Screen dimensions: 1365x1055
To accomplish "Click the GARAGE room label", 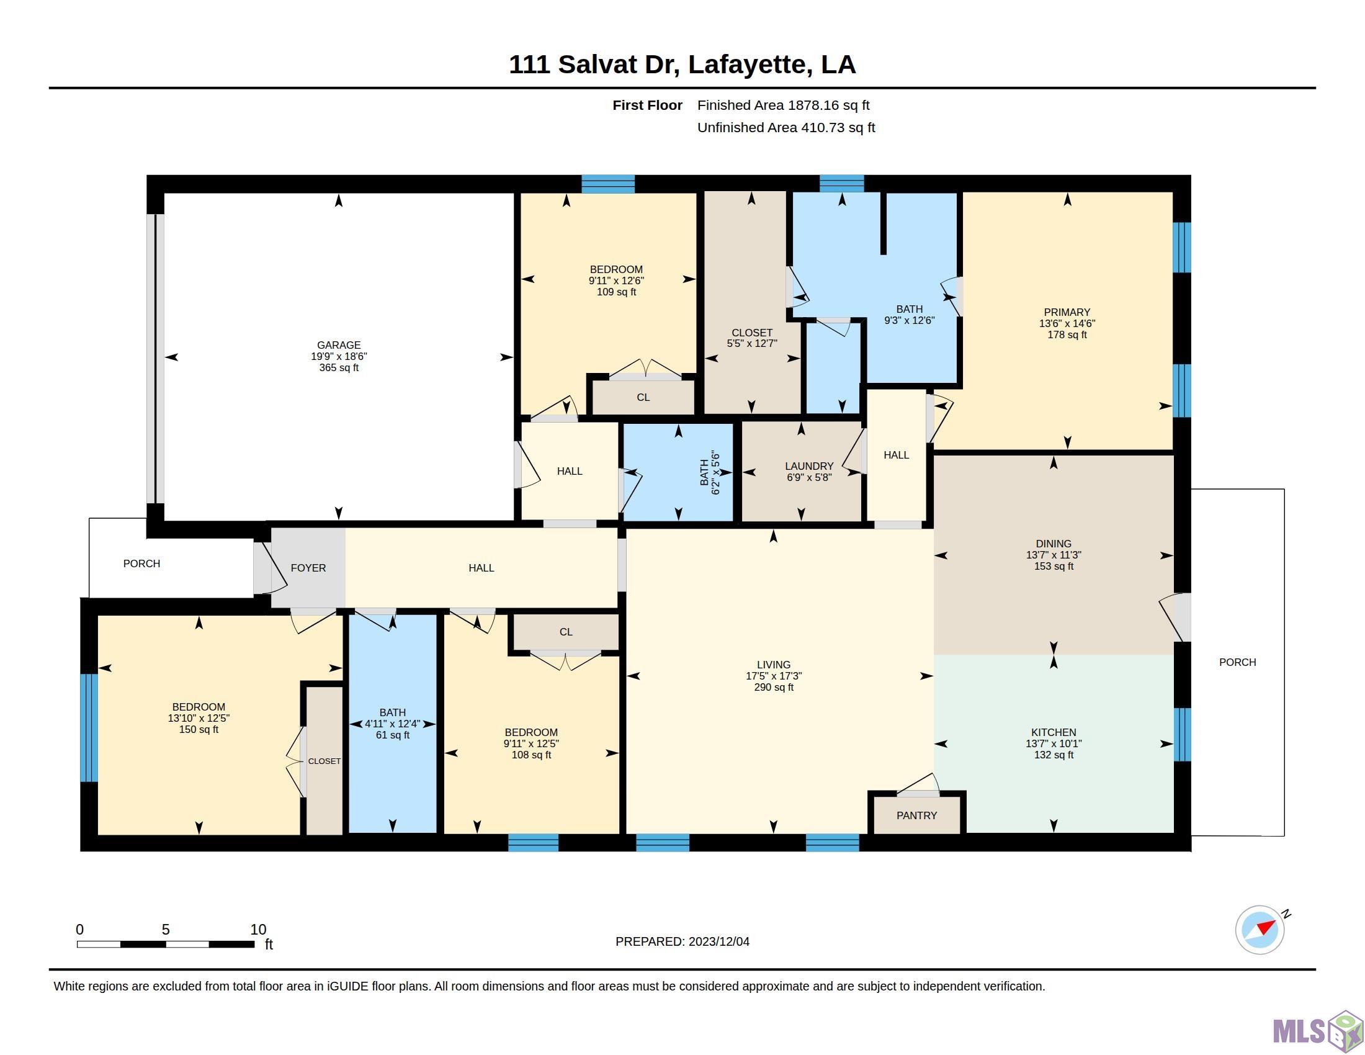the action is point(339,345).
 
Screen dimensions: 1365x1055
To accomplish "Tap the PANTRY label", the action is point(916,815).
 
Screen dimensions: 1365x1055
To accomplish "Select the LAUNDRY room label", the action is point(808,466).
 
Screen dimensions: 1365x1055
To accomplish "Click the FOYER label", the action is point(308,568).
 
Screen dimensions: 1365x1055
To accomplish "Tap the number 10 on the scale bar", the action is point(258,930).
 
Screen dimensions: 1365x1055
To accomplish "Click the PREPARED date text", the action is point(682,942).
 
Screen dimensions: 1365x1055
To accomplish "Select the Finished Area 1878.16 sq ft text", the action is point(783,105).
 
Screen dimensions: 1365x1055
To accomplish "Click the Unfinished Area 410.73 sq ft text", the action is point(786,127).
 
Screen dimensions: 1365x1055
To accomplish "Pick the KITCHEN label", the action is point(1054,732).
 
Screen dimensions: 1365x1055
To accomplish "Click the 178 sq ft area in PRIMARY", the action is point(1067,335).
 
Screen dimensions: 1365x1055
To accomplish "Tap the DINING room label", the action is point(1054,544).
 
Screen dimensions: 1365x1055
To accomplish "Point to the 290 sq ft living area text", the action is point(774,688).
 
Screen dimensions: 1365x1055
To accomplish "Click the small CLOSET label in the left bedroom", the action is point(324,761).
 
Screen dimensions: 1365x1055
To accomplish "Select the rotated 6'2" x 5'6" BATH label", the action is point(710,472).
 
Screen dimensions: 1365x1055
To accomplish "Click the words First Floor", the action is point(648,105).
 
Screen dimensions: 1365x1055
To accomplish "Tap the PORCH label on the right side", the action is point(1238,663).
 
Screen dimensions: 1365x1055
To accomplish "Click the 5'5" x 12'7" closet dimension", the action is point(752,344).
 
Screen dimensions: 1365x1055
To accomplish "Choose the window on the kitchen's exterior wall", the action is point(1181,734).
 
